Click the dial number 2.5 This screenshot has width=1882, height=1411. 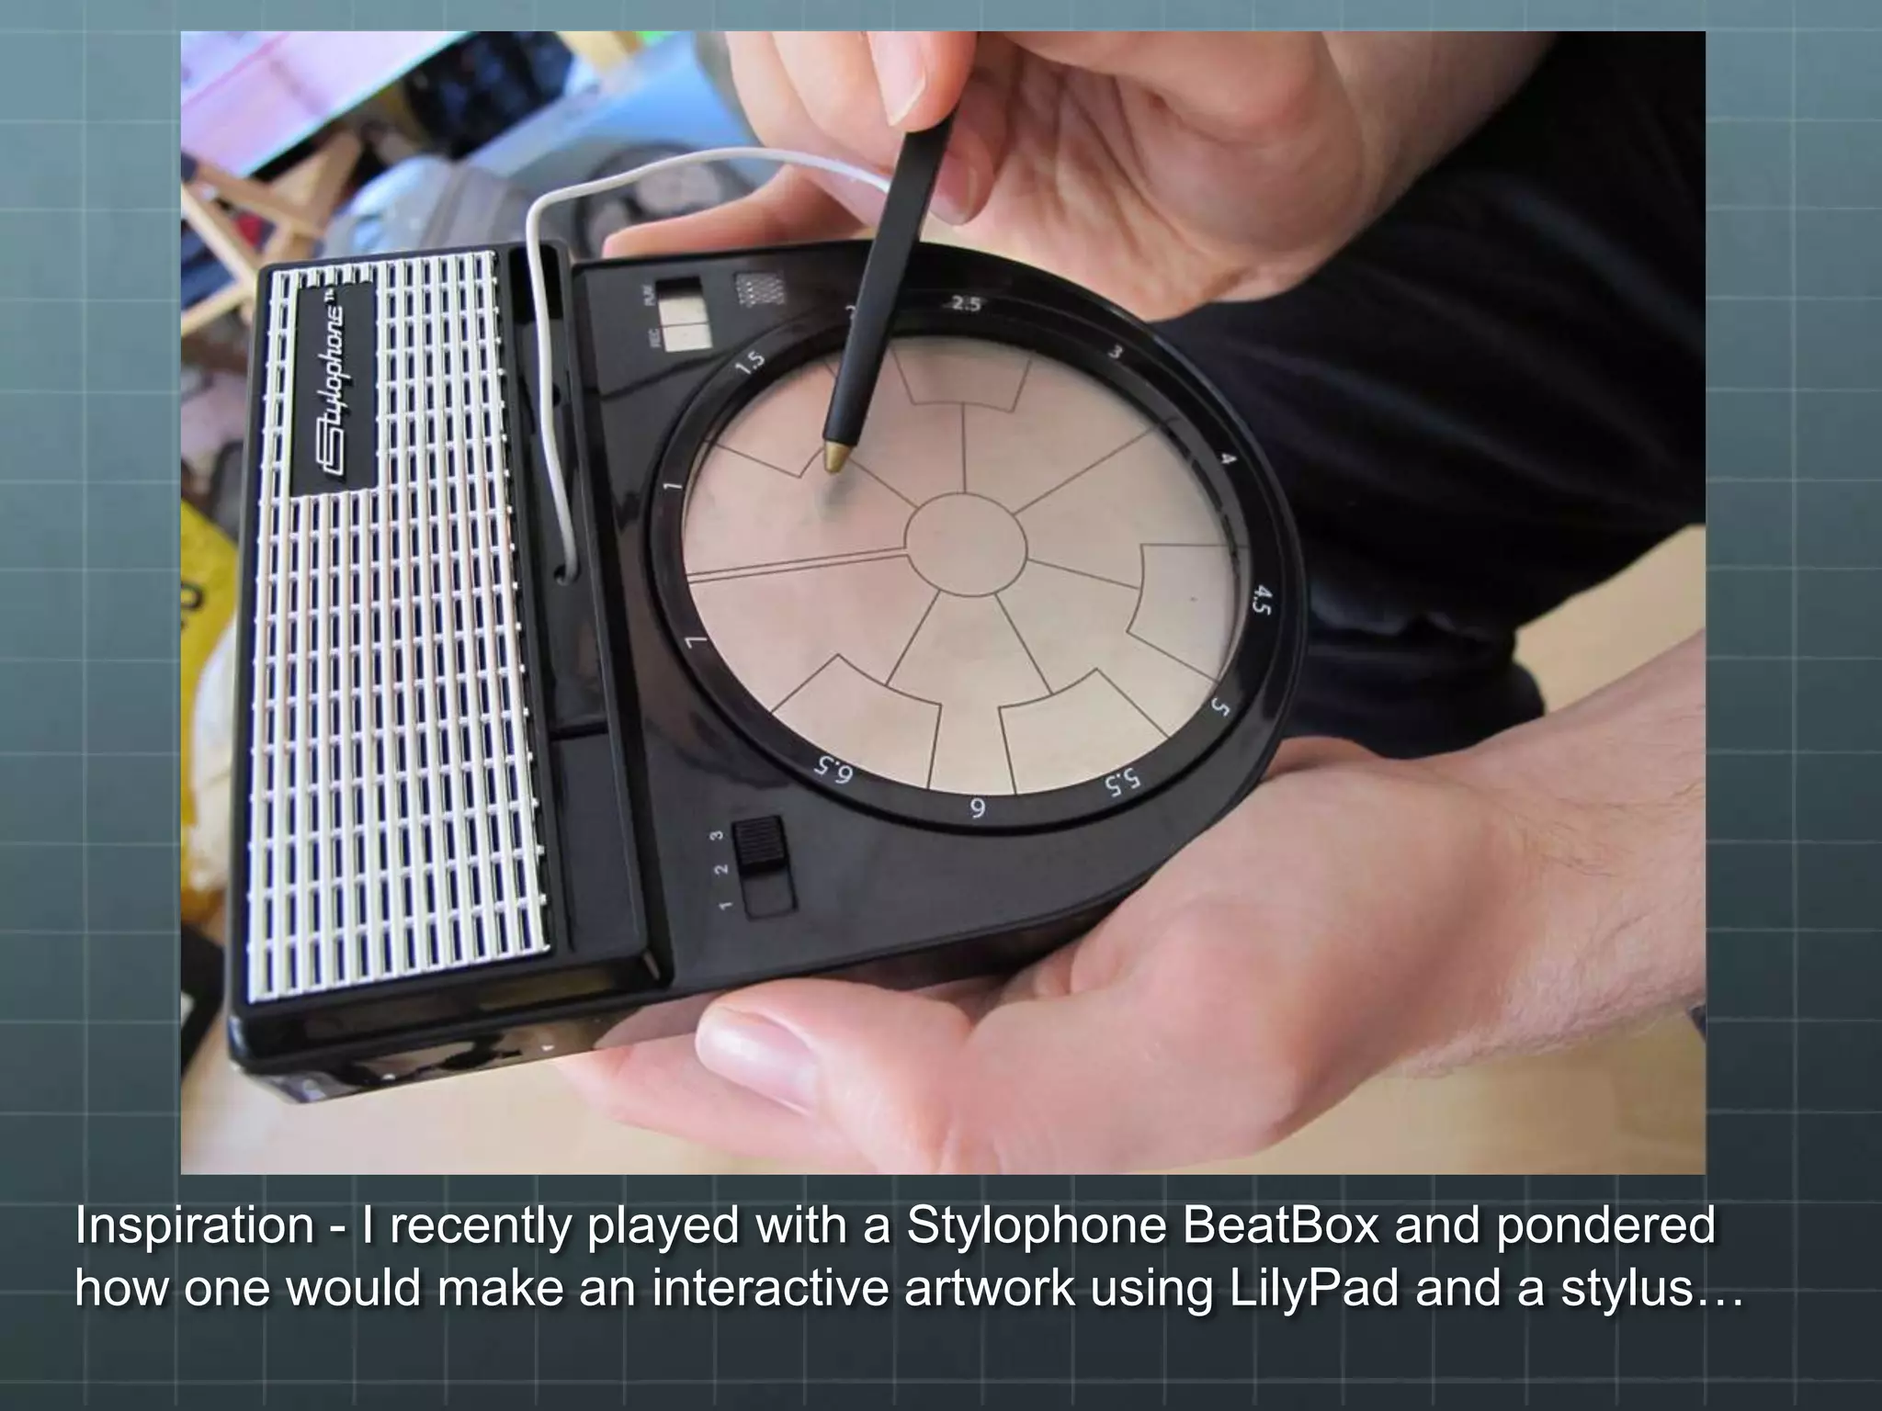pos(965,305)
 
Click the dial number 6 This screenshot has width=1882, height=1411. pos(978,808)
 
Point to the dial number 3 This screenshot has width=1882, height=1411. pos(1115,353)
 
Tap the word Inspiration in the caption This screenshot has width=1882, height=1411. pos(194,1226)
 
